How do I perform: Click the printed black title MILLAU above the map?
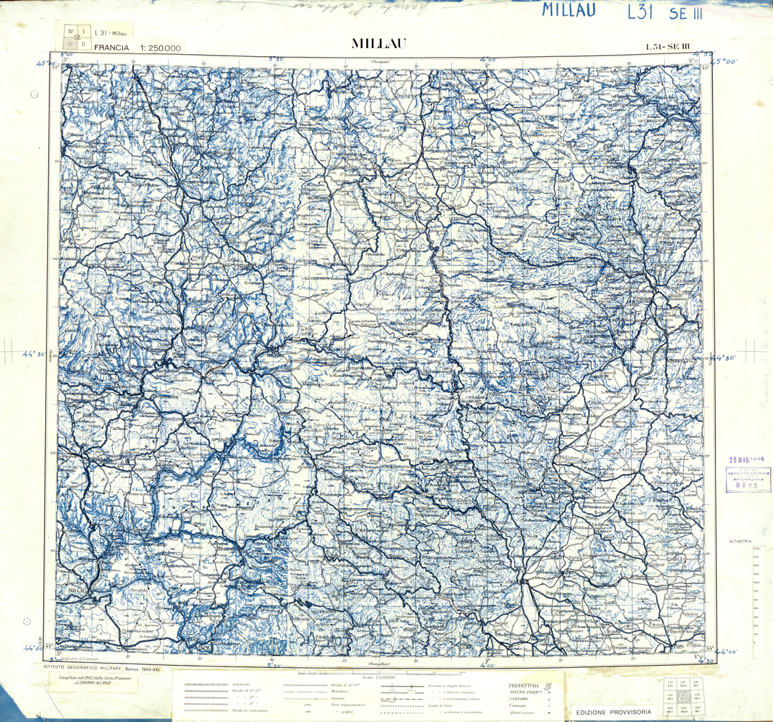coord(379,43)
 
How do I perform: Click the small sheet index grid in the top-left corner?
coord(75,36)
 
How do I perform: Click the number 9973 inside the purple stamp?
coord(746,483)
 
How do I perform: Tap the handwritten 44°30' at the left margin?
coord(34,354)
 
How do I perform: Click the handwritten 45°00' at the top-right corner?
coord(727,61)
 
